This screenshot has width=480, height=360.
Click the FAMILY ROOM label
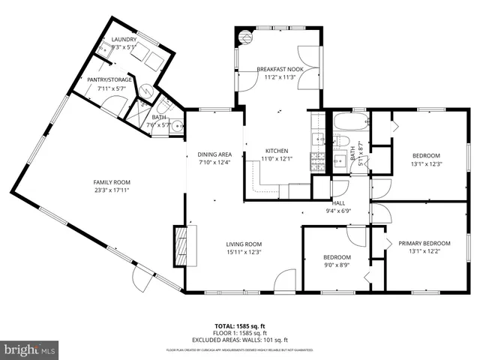click(x=112, y=182)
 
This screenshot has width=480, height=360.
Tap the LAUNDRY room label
click(x=124, y=40)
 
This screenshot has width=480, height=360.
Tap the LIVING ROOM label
click(x=244, y=244)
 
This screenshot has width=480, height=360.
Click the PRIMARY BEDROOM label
click(x=424, y=243)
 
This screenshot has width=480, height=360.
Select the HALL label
click(x=338, y=202)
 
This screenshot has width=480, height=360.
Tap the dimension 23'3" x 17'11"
click(x=112, y=190)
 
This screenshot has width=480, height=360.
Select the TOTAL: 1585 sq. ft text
click(x=240, y=326)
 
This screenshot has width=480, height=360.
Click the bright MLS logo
click(x=30, y=349)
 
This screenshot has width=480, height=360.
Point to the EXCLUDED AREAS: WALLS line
click(x=240, y=340)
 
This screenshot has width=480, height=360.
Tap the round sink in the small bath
click(x=177, y=127)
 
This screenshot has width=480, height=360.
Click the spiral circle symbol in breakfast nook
click(x=244, y=36)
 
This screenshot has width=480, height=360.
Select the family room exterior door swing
click(x=140, y=280)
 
